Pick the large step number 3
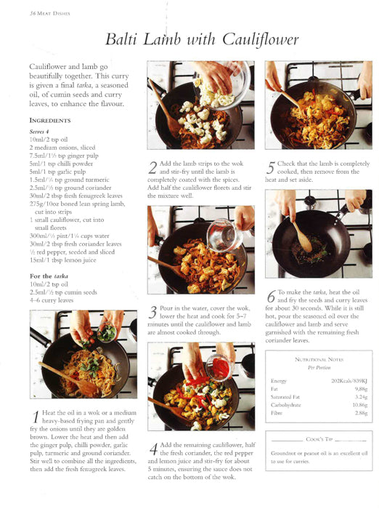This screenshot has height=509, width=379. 152,313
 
